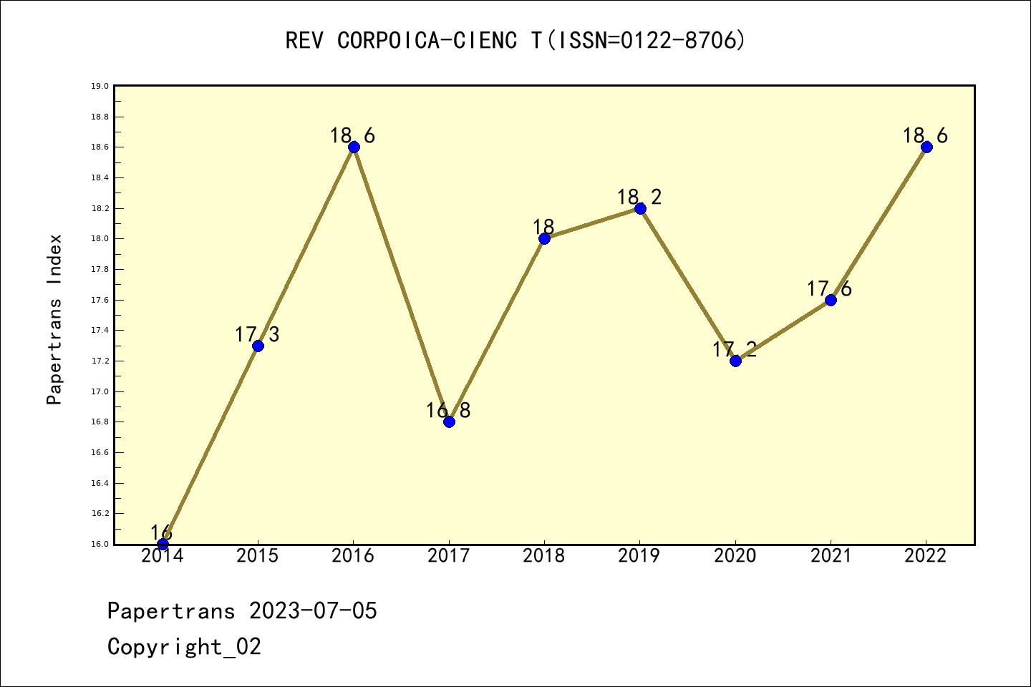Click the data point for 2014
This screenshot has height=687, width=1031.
[x=163, y=544]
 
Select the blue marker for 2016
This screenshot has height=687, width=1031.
[x=354, y=147]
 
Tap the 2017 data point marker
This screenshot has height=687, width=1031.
[x=449, y=422]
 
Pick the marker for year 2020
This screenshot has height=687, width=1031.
[x=735, y=361]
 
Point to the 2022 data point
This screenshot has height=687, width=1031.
[x=926, y=147]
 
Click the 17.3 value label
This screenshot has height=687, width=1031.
[x=257, y=334]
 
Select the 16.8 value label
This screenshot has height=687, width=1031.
[x=448, y=411]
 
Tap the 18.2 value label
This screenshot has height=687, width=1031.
[x=639, y=197]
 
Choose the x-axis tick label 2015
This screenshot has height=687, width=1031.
[x=258, y=556]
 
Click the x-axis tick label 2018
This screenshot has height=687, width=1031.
[x=544, y=556]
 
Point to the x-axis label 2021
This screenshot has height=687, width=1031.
[x=831, y=556]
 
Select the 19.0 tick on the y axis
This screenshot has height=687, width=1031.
[x=100, y=86]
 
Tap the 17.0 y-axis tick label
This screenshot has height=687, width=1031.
[x=100, y=391]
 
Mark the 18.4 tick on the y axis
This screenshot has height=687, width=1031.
[x=100, y=177]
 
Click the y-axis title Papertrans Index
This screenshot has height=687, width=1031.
[x=55, y=318]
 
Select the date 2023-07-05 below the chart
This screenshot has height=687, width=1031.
[x=313, y=611]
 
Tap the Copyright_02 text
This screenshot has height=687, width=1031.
[x=184, y=647]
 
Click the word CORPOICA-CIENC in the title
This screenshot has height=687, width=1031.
[x=427, y=41]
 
